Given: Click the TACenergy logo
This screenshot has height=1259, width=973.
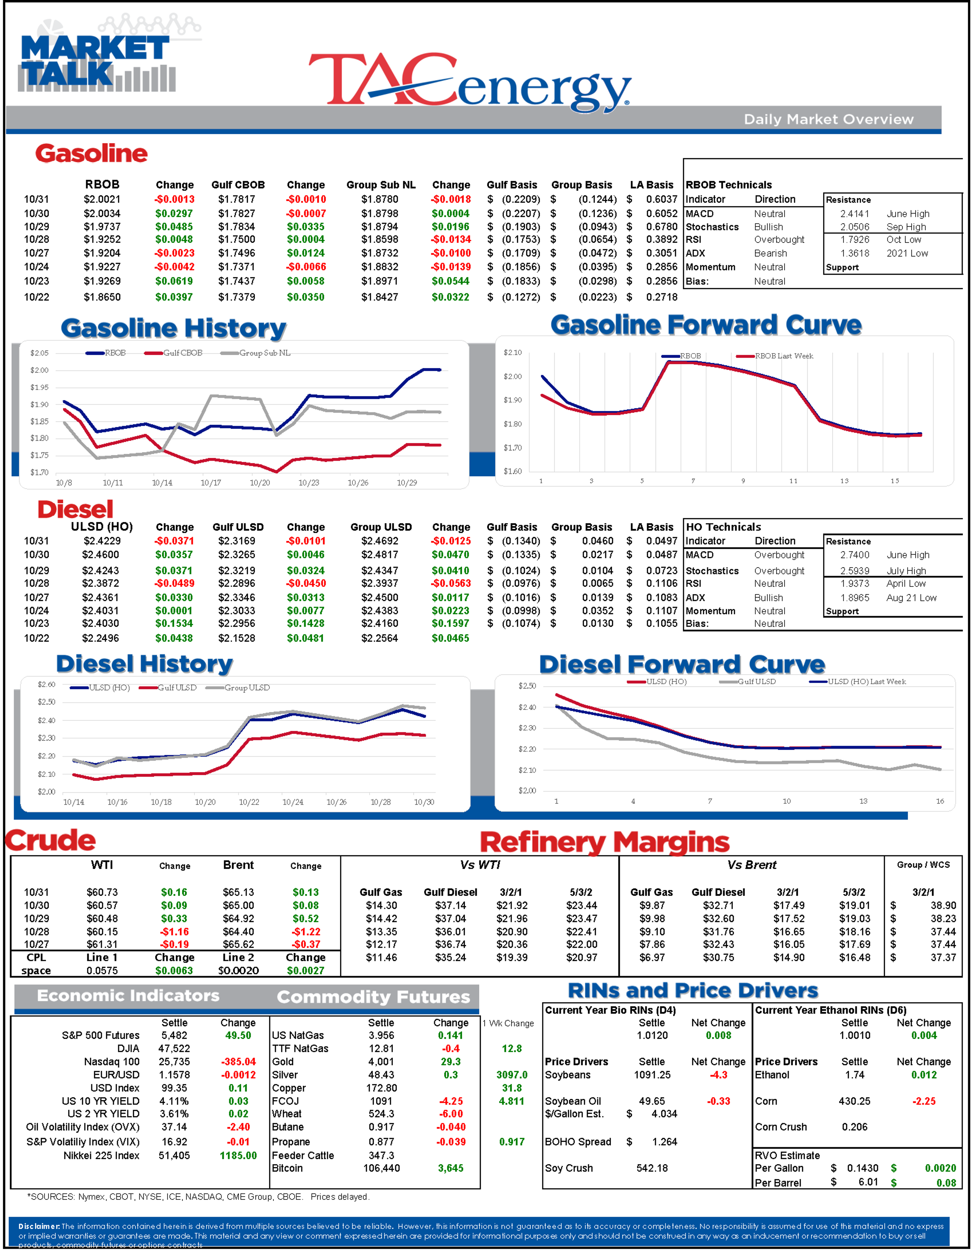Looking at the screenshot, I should click(x=470, y=82).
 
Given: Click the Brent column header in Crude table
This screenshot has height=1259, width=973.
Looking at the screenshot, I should click(x=238, y=865).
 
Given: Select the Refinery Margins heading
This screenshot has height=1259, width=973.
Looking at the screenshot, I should click(x=605, y=842).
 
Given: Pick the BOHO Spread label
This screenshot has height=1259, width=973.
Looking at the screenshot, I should click(x=577, y=1142).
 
